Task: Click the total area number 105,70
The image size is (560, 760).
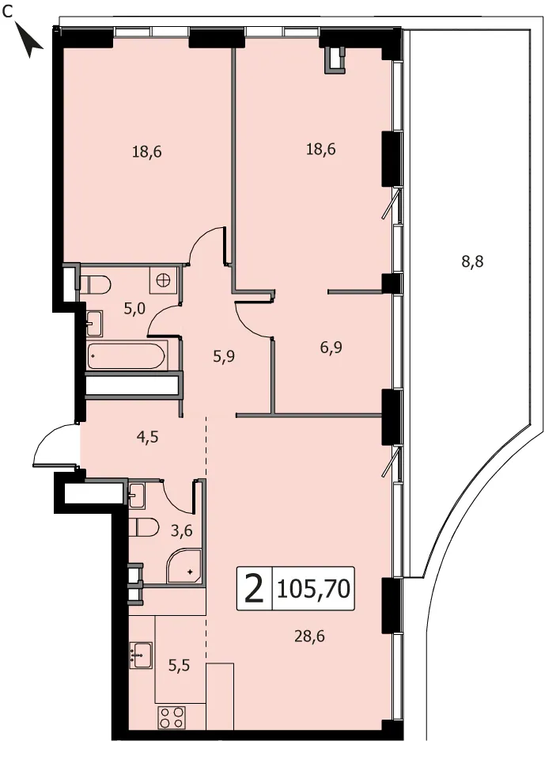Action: point(313,588)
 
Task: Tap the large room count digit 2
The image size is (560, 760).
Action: point(255,588)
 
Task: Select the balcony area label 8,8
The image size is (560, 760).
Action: point(472,262)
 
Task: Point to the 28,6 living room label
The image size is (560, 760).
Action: point(309,636)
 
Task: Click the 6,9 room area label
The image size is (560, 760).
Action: point(331,347)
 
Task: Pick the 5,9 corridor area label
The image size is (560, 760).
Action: point(224,357)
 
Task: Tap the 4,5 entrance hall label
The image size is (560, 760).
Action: point(148,437)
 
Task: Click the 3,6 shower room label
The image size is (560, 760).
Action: point(182,530)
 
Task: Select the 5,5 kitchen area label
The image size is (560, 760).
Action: point(179,666)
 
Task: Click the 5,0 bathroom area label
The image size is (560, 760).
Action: point(134,308)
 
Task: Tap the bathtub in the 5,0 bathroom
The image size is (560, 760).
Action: point(127,356)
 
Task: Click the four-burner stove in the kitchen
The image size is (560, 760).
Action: point(172,717)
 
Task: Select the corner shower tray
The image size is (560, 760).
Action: point(184,566)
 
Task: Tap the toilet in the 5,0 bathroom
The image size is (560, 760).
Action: point(96,283)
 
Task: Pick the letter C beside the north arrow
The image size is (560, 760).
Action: point(7,13)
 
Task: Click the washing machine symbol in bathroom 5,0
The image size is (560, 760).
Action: point(163,280)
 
